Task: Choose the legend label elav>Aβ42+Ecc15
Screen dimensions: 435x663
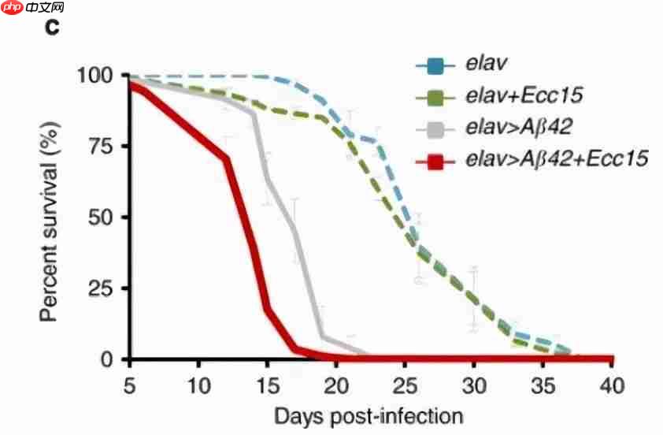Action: click(556, 160)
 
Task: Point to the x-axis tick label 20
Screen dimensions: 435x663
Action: click(336, 385)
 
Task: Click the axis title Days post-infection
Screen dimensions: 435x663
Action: click(368, 415)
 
